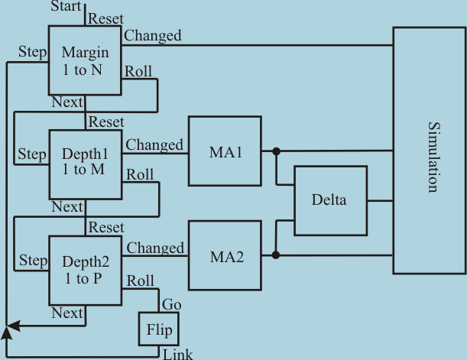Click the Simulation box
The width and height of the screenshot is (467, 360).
click(x=430, y=150)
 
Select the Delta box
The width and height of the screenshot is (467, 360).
click(x=329, y=201)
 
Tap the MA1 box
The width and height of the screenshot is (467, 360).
click(x=225, y=151)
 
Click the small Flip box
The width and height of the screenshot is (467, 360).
click(x=158, y=330)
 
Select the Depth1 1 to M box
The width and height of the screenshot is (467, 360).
click(x=85, y=164)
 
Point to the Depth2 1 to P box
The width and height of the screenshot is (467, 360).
click(x=85, y=268)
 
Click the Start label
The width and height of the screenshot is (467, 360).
click(x=66, y=7)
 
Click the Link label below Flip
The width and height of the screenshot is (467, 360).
click(x=178, y=353)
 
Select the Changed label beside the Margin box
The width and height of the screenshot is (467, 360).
click(x=153, y=35)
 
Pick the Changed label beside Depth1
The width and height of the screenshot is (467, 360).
click(x=155, y=144)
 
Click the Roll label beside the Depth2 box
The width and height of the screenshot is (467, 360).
click(x=140, y=279)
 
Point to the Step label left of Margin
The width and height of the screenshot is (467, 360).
click(x=32, y=53)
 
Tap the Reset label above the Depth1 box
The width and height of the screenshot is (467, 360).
click(x=106, y=122)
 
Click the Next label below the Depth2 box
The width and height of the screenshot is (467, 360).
click(x=66, y=312)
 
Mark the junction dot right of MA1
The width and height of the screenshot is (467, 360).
click(x=276, y=151)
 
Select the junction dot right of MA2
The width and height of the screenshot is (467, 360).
click(x=276, y=255)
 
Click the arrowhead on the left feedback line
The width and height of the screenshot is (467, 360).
click(x=7, y=329)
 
